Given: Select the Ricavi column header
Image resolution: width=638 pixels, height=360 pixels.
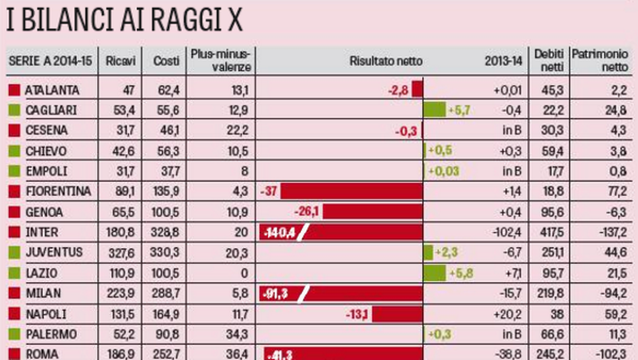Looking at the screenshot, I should click(119, 61).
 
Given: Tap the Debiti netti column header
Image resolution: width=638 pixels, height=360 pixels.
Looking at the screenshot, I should click(547, 60).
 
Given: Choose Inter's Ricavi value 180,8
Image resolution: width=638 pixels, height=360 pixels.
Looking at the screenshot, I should click(119, 232).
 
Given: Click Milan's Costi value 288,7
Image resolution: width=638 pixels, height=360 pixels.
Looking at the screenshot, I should click(163, 293).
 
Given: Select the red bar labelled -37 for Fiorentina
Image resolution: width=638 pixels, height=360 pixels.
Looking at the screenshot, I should click(341, 192).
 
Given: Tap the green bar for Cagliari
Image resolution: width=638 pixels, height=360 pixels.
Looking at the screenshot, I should click(434, 110).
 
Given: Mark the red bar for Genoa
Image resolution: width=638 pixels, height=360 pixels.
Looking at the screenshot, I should click(372, 212).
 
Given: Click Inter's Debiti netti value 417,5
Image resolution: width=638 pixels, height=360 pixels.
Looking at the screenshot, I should click(546, 232).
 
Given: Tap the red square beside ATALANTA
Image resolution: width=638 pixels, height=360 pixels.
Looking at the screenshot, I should click(13, 90).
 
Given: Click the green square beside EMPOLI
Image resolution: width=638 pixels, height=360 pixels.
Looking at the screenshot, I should click(13, 171).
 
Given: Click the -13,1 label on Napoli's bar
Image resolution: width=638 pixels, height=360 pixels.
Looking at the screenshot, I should click(358, 313).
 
